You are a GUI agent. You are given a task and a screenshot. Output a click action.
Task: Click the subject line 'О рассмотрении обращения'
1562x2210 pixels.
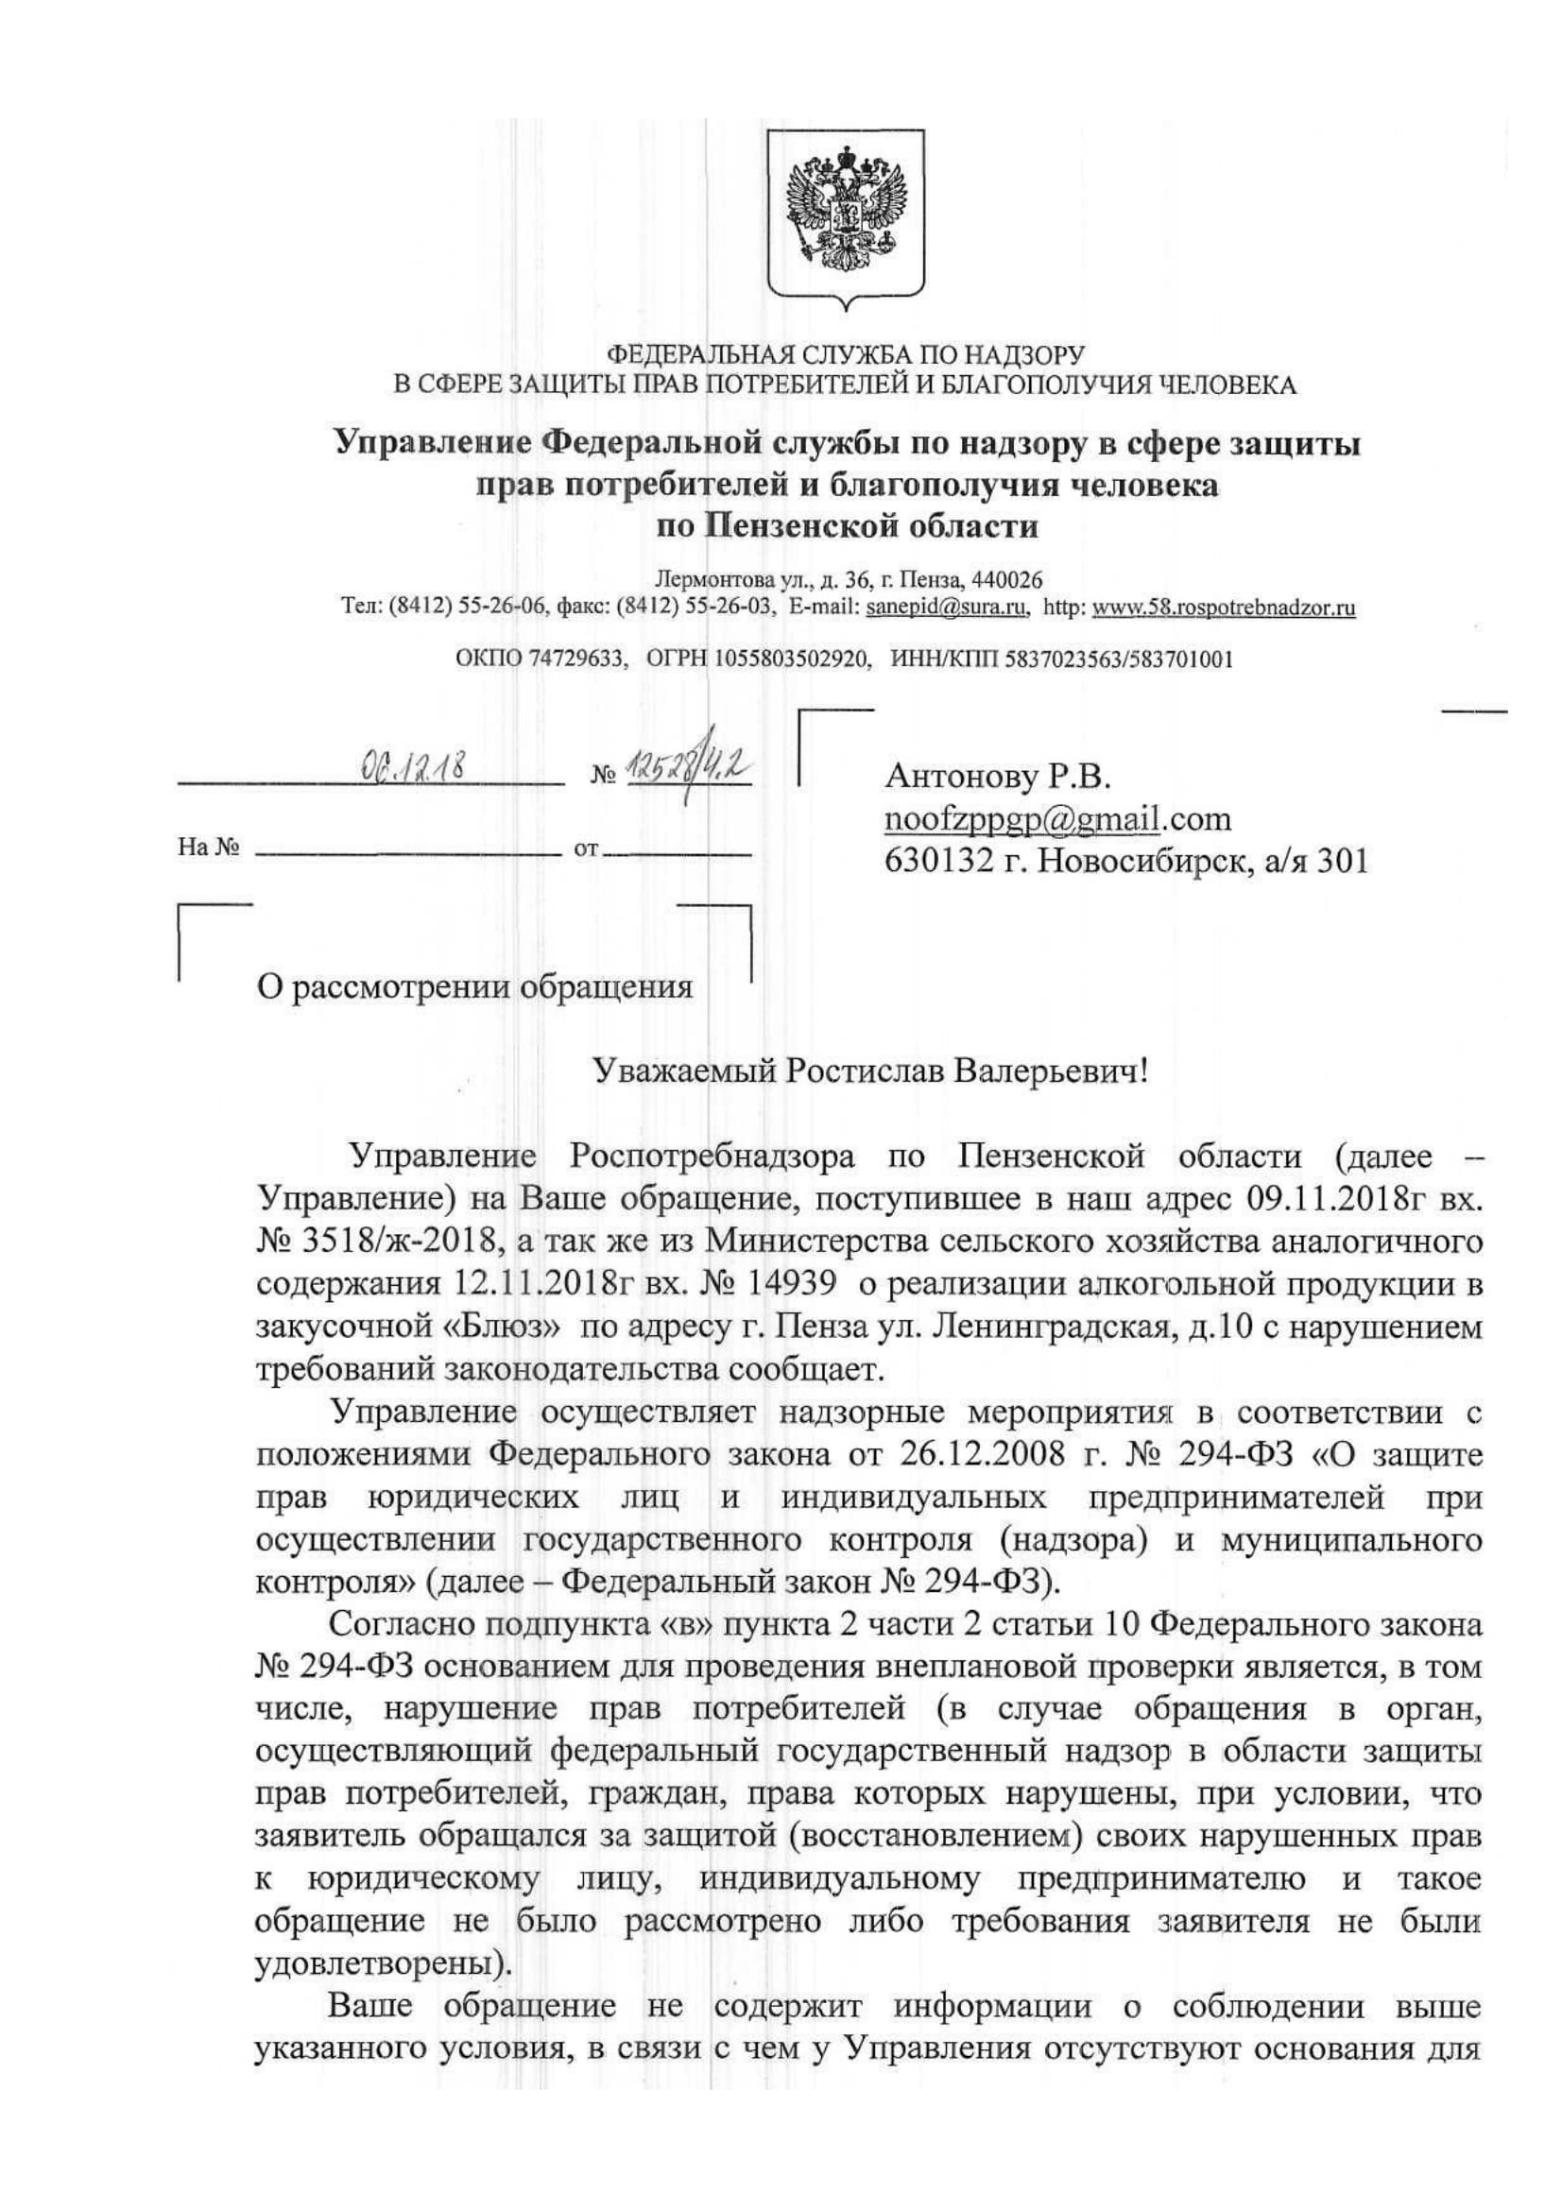tap(473, 988)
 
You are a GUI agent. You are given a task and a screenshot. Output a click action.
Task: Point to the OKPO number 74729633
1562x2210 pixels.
tap(575, 660)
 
